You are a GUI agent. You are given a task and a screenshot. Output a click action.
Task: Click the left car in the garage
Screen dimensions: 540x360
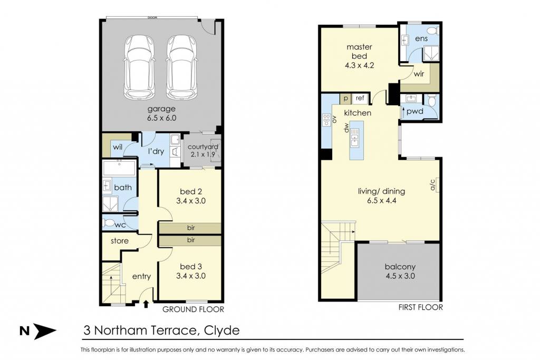pyautogui.click(x=139, y=67)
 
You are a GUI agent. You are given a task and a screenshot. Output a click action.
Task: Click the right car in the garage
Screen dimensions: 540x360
pyautogui.click(x=182, y=67)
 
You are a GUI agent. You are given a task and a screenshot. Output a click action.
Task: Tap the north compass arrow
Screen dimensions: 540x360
pyautogui.click(x=45, y=331)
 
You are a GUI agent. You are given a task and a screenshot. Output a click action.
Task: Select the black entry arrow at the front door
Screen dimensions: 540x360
pyautogui.click(x=146, y=304)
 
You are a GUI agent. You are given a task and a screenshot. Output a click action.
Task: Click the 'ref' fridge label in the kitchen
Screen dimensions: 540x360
pyautogui.click(x=360, y=98)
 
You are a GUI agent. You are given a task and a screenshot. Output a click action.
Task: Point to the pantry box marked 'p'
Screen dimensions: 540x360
pyautogui.click(x=345, y=99)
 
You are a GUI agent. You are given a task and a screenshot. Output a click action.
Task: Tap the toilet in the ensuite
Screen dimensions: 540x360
pyautogui.click(x=434, y=31)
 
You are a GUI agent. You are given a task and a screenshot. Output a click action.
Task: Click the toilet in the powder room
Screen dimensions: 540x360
pyautogui.click(x=432, y=101)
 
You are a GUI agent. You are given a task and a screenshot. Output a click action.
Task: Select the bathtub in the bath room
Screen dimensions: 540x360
pyautogui.click(x=119, y=168)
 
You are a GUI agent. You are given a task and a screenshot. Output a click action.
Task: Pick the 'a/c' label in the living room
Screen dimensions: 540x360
pyautogui.click(x=433, y=185)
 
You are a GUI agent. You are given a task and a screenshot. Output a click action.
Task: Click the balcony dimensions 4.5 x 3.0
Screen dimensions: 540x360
pyautogui.click(x=400, y=276)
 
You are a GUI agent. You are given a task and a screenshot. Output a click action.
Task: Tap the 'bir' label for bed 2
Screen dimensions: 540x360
pyautogui.click(x=191, y=228)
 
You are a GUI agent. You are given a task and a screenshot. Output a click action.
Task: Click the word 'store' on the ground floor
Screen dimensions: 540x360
pyautogui.click(x=120, y=241)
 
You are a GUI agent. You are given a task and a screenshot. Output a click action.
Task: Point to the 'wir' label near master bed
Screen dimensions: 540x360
pyautogui.click(x=419, y=74)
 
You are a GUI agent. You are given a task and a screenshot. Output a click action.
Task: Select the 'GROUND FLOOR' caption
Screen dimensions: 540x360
pyautogui.click(x=193, y=309)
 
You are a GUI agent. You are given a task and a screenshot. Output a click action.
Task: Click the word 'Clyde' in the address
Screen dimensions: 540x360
pyautogui.click(x=222, y=330)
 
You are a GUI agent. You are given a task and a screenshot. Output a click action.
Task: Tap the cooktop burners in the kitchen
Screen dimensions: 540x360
pyautogui.click(x=326, y=120)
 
